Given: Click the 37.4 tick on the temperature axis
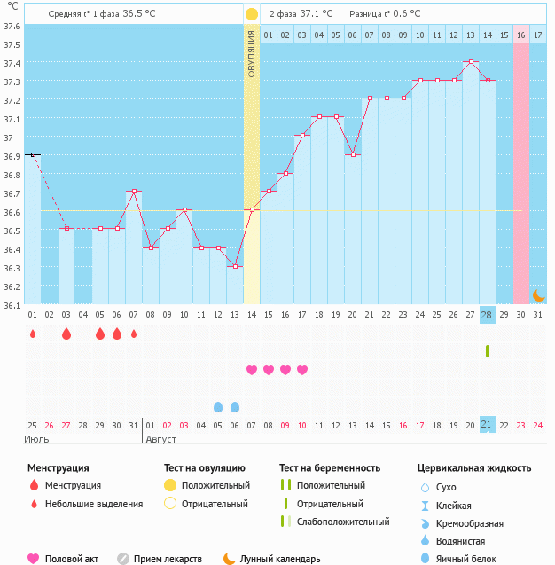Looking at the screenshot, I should pos(12,63).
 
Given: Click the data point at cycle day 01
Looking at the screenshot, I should pos(33,154).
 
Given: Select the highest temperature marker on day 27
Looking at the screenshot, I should pos(470,62).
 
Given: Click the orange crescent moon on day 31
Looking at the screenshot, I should pos(538,294).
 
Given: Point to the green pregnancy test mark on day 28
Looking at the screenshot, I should pos(487,351).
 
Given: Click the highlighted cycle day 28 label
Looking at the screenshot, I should pos(487,315).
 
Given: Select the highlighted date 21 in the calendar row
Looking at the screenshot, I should pos(487,425).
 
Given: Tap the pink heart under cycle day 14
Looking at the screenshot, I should pos(252,370).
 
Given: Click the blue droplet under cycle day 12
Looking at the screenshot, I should pos(218,407).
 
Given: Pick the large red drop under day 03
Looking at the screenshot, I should pos(66,334).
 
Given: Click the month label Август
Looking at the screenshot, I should pos(160,439).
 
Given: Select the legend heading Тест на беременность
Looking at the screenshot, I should pos(330,467).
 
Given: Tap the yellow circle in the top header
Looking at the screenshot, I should pos(252,14).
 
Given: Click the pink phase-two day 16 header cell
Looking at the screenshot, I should pos(520,35).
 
